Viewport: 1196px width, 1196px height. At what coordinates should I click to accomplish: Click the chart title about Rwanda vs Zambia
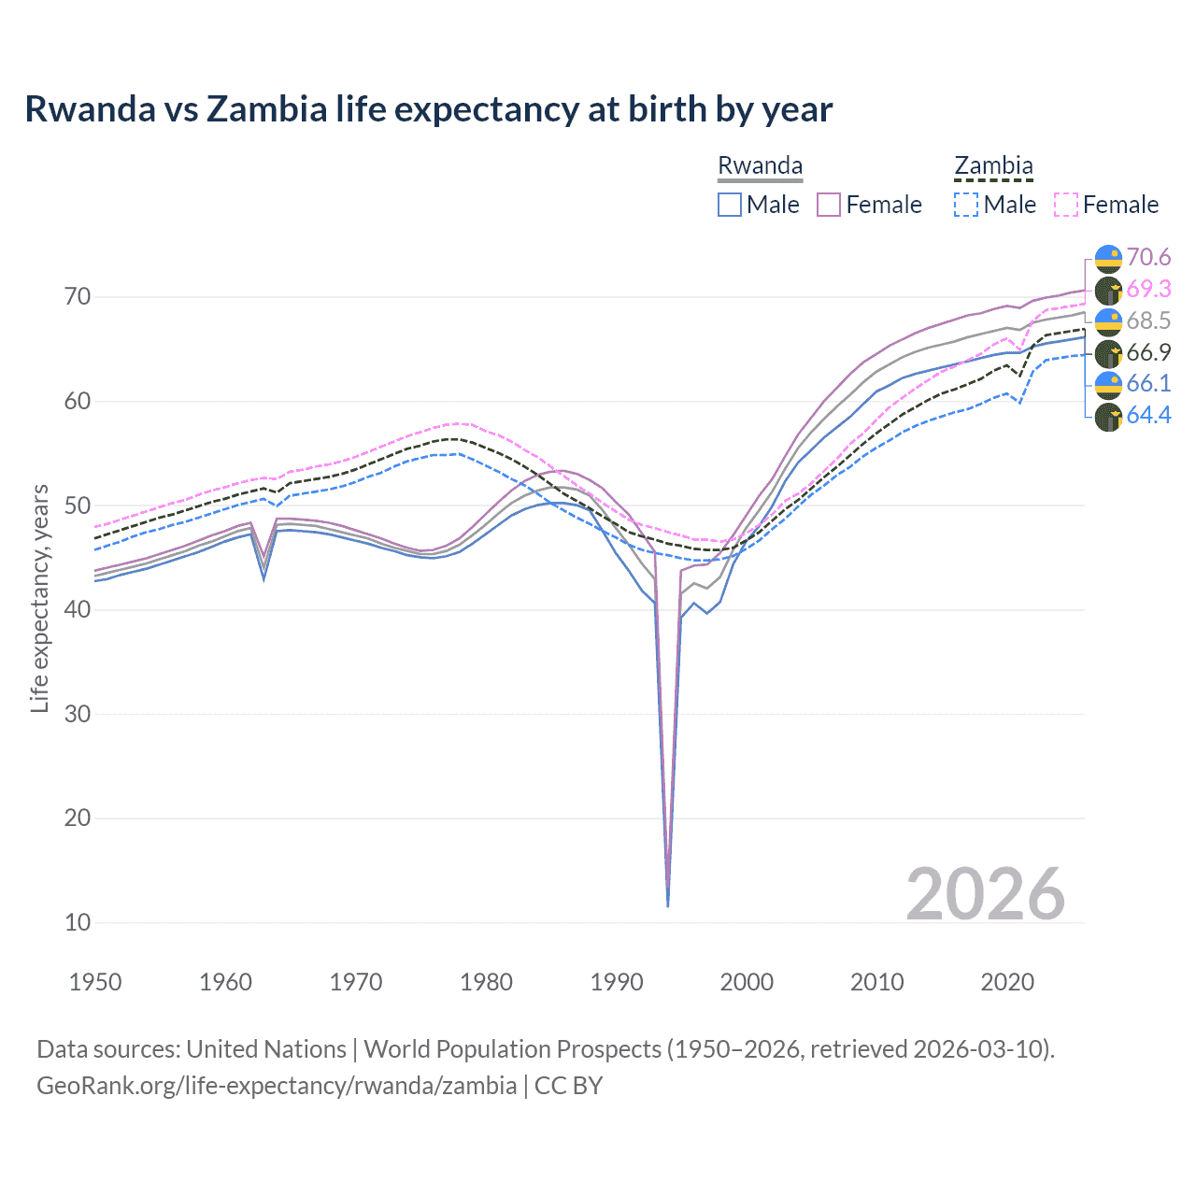428,109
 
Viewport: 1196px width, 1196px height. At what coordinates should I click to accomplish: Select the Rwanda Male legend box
730,205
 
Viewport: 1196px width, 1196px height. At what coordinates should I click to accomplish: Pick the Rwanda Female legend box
829,205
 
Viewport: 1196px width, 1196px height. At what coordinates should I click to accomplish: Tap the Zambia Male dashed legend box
966,205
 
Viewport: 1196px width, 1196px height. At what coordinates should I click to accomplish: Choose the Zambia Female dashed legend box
1065,205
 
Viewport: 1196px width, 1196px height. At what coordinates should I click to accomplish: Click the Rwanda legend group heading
760,165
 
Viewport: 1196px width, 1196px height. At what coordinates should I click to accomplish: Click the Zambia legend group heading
993,165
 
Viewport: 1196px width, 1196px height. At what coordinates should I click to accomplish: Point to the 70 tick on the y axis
78,297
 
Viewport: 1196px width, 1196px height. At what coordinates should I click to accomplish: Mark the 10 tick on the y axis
78,922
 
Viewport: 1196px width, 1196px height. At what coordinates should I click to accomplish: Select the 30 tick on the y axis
78,714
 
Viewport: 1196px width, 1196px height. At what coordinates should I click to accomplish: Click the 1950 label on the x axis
95,982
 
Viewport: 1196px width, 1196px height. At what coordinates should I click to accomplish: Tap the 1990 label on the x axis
616,982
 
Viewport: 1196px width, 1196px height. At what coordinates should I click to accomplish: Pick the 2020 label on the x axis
1006,982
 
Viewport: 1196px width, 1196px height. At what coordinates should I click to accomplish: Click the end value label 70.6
1148,258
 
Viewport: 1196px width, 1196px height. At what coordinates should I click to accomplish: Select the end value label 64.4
1148,416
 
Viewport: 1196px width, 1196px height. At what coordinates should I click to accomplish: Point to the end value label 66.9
1148,352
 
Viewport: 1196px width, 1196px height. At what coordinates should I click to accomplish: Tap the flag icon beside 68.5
1108,321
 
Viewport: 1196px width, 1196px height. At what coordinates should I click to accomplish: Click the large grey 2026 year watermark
985,894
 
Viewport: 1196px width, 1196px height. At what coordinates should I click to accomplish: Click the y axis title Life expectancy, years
40,598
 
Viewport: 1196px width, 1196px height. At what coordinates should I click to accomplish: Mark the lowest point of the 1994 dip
667,905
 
